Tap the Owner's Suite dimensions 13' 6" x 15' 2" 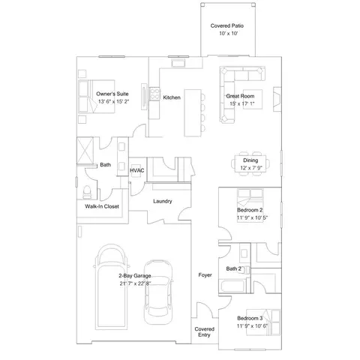112,100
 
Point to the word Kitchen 172,97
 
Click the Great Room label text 241,97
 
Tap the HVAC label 136,170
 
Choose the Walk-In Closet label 101,206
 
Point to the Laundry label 163,201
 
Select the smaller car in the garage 158,290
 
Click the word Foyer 205,275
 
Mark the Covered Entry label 205,332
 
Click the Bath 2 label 233,268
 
